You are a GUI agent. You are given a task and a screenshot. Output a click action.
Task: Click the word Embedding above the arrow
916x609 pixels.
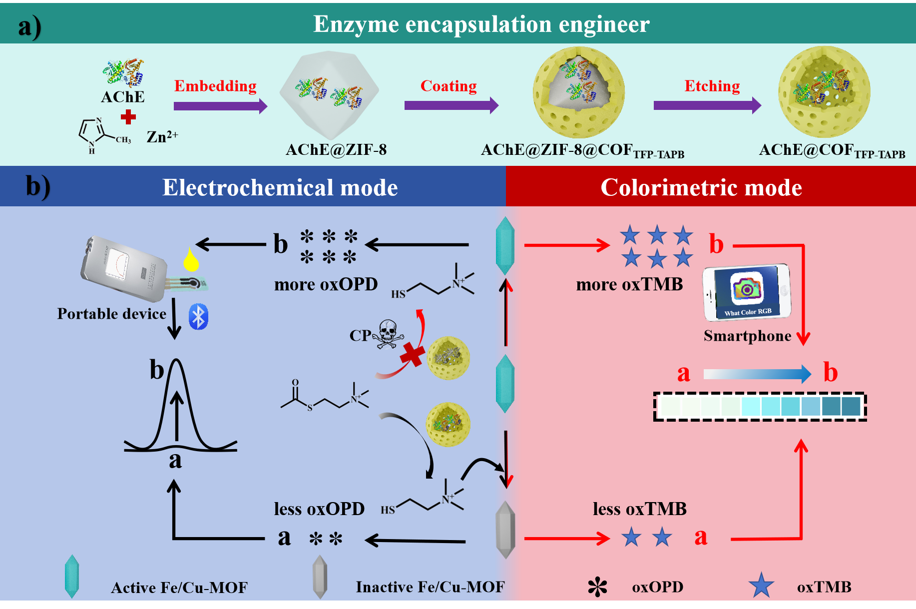coord(215,86)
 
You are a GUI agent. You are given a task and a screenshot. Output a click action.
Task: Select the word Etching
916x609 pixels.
coord(712,86)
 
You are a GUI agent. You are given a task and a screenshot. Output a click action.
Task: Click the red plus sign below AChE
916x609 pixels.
coord(128,117)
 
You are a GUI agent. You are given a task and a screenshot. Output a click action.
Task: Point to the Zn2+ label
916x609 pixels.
coord(162,136)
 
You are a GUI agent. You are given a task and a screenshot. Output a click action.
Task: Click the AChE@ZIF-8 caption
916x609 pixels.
coord(336,149)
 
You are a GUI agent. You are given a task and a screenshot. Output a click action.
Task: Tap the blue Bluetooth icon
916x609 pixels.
coord(198,317)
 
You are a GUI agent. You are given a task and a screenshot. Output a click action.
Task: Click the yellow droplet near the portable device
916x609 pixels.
coord(190,259)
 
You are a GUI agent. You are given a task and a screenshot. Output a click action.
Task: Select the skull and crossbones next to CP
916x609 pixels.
coord(388,334)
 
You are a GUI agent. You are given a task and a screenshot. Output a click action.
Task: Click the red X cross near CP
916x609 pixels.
coord(412,355)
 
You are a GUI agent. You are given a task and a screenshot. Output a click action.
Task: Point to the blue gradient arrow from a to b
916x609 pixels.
coord(757,374)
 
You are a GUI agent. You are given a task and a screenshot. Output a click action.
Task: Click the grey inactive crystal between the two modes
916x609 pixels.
coord(505,530)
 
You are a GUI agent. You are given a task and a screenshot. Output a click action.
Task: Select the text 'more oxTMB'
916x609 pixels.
coord(629,284)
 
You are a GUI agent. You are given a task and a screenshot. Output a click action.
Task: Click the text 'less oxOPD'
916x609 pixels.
coord(319,509)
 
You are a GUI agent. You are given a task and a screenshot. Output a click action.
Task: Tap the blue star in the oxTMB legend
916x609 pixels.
coord(761,586)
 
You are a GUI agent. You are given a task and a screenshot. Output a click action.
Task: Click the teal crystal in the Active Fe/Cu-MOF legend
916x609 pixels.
coord(72,576)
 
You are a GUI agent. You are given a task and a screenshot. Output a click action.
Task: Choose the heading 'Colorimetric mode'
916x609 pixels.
coord(701,187)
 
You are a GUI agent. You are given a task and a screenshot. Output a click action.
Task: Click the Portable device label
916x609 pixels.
coord(111,313)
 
